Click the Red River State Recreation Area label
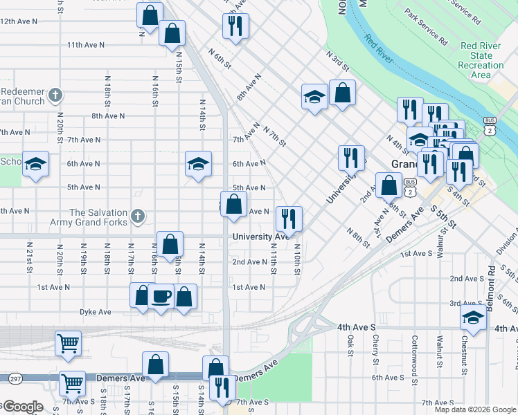481,60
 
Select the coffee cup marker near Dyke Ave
161,297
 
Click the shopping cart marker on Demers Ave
72,382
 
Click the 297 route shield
15,378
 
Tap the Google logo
22,407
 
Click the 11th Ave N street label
86,44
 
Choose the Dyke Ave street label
95,312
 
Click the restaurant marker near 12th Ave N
235,26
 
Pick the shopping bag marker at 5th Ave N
234,204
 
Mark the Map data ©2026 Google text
474,409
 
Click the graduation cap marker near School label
36,165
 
